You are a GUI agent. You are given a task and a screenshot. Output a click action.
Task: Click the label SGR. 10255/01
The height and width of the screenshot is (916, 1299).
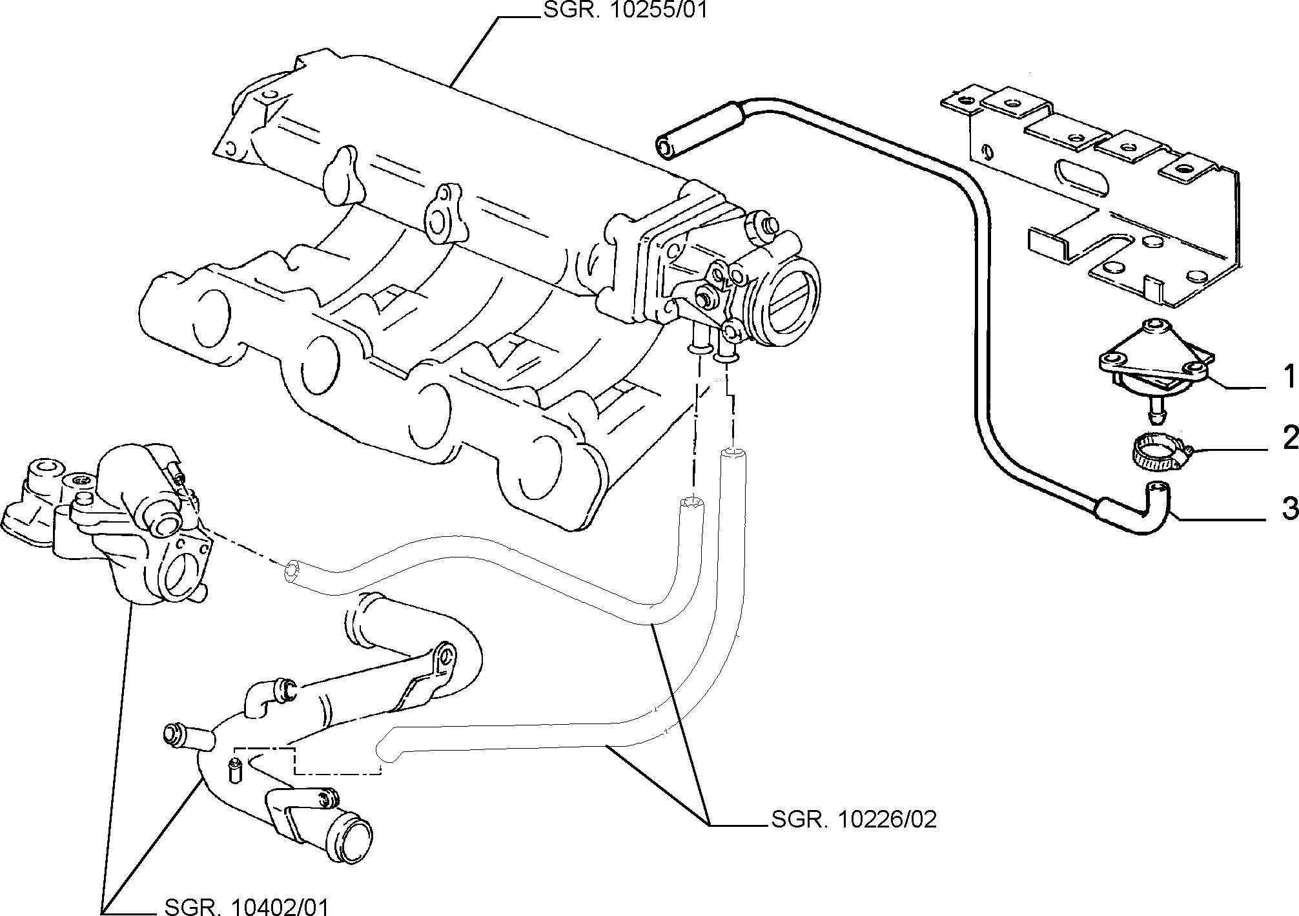624,11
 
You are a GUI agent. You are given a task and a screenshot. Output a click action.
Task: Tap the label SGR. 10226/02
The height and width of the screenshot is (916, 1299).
854,820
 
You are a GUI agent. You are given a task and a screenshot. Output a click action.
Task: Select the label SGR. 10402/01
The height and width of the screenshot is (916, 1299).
247,906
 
